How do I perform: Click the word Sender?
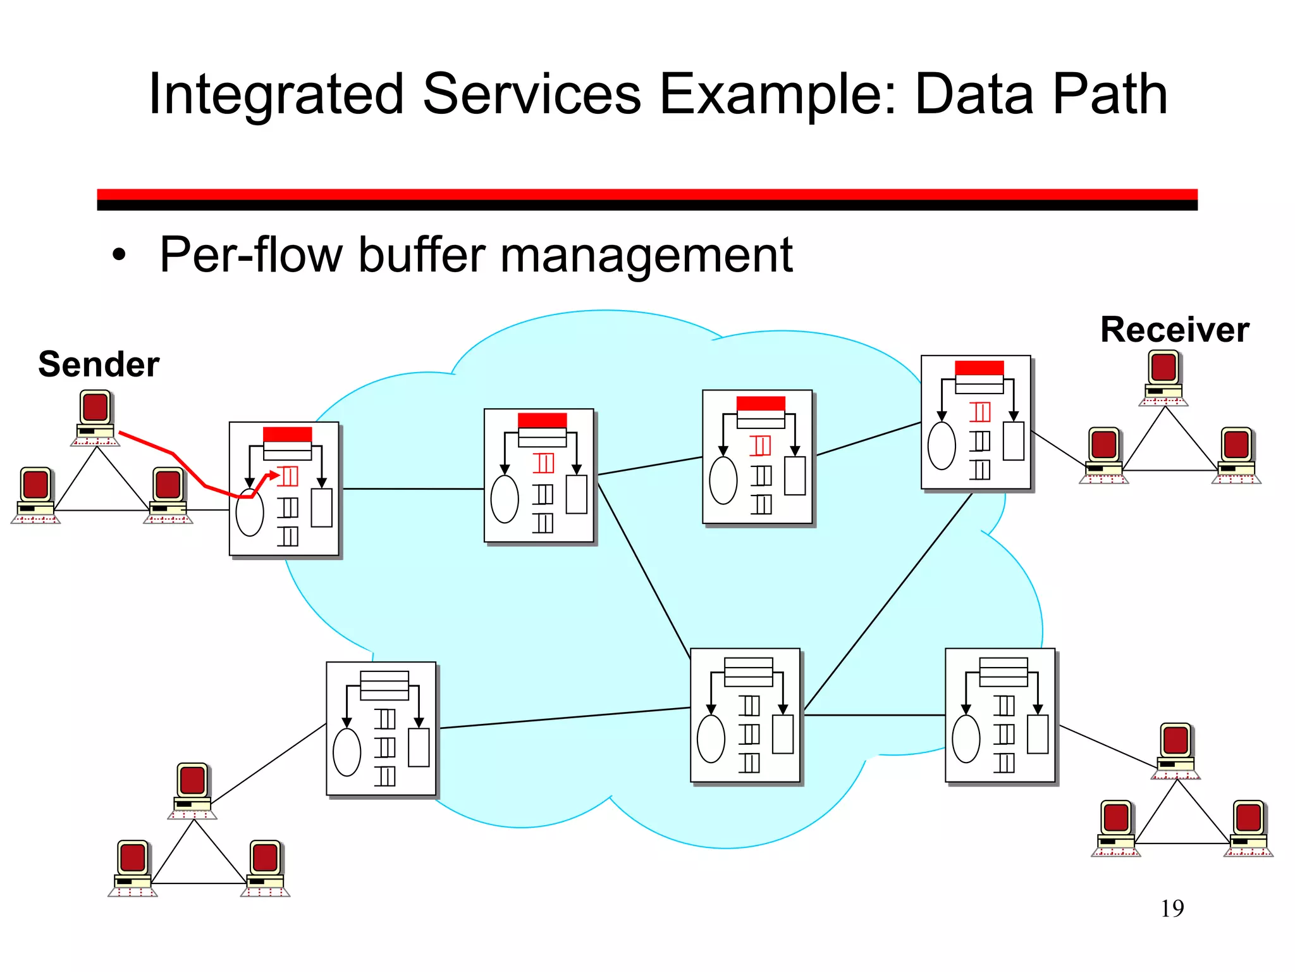click(x=99, y=364)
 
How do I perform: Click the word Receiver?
click(x=1174, y=330)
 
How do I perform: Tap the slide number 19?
click(x=1172, y=909)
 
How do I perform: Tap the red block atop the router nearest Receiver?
click(x=979, y=368)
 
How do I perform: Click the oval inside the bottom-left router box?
click(x=347, y=752)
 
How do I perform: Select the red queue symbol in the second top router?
click(x=543, y=463)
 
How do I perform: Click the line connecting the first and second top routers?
click(x=412, y=489)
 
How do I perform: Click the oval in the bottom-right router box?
click(x=966, y=738)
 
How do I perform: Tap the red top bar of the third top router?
click(x=761, y=404)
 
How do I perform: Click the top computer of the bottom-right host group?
click(x=1175, y=750)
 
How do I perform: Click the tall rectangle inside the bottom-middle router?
click(x=782, y=734)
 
